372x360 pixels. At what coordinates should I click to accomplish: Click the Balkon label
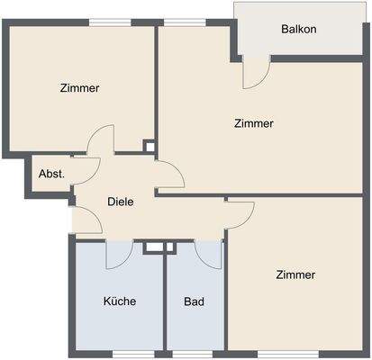click(x=298, y=29)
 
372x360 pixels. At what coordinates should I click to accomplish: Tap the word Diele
click(x=121, y=202)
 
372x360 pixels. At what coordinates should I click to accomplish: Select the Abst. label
click(x=51, y=174)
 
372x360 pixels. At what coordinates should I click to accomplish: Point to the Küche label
click(x=120, y=301)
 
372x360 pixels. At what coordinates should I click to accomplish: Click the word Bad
click(x=194, y=301)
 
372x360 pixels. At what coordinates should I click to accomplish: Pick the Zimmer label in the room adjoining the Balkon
click(x=253, y=123)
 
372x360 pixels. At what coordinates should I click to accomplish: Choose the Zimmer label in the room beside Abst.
click(x=80, y=88)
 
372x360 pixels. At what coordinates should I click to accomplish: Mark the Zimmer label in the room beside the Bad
click(x=296, y=274)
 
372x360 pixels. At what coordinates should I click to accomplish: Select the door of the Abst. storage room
click(x=86, y=170)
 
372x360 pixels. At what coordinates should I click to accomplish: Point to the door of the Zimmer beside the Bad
click(x=240, y=212)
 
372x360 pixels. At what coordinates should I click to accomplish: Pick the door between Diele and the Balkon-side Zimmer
click(x=169, y=174)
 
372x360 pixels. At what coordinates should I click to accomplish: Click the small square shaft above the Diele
click(x=150, y=144)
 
